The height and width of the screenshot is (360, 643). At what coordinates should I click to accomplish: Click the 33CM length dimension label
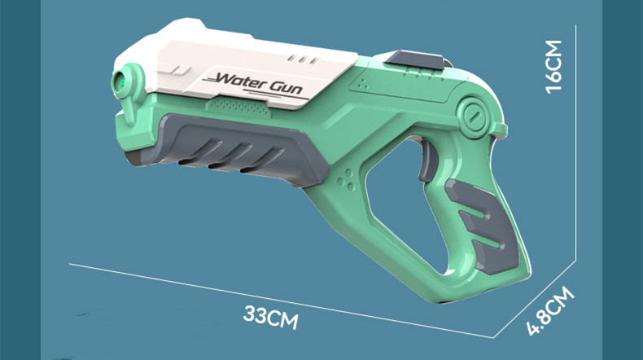tap(271, 317)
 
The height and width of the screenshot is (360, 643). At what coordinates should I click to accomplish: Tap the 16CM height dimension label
tap(553, 67)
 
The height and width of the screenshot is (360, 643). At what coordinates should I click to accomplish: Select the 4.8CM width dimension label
tap(551, 311)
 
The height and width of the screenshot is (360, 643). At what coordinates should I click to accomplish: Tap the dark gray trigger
tap(427, 160)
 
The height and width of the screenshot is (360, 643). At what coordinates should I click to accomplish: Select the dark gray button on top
tap(415, 60)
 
